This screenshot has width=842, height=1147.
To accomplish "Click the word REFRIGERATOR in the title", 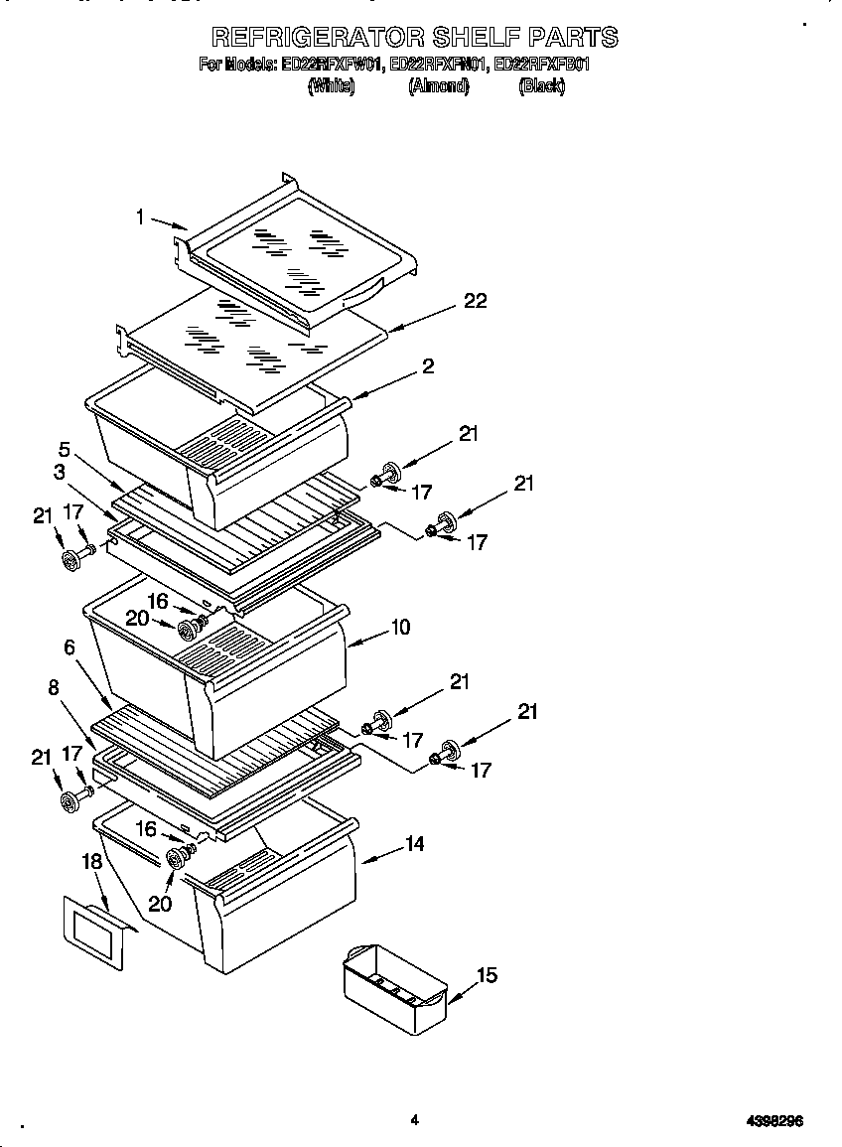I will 319,38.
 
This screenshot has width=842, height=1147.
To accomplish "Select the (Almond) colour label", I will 438,86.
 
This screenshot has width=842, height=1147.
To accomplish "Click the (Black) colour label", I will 542,86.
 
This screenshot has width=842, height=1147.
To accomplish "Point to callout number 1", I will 141,215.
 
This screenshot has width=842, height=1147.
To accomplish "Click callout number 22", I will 476,300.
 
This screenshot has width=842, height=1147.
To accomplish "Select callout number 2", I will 428,366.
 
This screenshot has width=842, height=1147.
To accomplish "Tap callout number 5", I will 64,449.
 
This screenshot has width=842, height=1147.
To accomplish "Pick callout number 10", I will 400,627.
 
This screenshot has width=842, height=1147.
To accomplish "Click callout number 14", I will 415,843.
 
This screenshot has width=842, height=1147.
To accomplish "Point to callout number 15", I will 486,975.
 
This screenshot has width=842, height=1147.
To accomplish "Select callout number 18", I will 92,861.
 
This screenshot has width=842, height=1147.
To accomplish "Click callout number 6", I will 70,646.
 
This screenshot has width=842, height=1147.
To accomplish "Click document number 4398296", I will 774,1121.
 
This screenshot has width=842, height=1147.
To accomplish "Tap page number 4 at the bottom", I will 415,1120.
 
